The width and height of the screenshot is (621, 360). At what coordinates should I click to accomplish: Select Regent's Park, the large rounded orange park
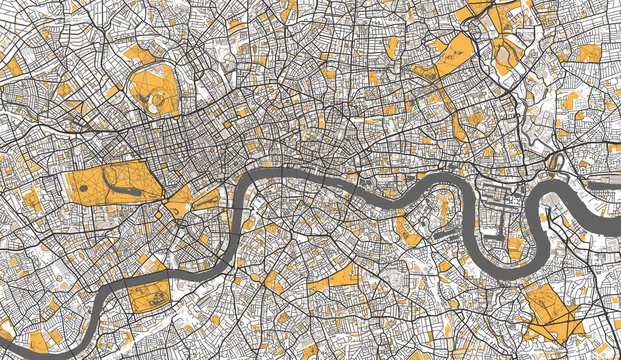[155, 90]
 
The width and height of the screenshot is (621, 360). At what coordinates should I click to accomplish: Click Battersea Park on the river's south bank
[150, 295]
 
